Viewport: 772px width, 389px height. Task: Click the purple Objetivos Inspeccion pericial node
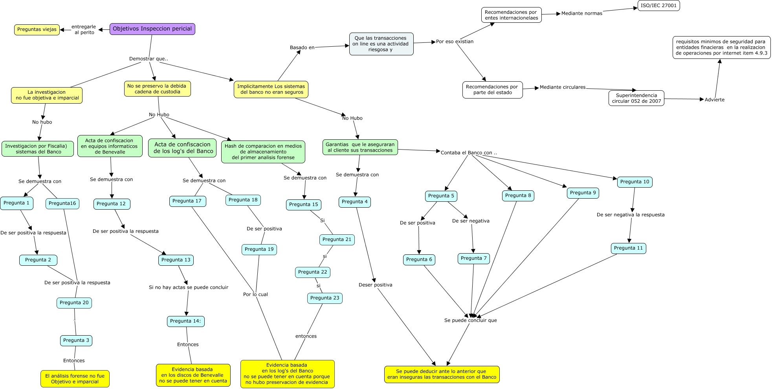point(152,29)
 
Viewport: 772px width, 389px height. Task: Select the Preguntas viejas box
point(37,29)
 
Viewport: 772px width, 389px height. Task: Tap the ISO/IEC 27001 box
point(658,5)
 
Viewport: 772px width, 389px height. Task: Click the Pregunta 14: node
point(185,321)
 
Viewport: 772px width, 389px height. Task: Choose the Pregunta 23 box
point(325,298)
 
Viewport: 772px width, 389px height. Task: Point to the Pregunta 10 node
point(634,182)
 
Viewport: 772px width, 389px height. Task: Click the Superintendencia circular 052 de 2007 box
point(636,98)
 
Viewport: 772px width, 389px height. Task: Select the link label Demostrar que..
point(149,59)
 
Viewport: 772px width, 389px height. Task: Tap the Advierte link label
point(714,100)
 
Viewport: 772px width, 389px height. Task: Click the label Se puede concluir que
point(470,320)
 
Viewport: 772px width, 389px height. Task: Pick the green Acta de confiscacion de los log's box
point(183,148)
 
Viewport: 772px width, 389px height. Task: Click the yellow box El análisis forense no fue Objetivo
point(75,379)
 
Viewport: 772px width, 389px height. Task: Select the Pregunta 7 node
point(473,258)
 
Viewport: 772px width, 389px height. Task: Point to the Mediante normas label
point(581,13)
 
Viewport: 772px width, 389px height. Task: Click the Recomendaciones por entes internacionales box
point(511,15)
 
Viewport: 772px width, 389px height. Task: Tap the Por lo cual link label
point(255,294)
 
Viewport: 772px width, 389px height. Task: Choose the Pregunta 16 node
point(62,203)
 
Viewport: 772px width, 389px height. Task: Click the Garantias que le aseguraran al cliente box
point(360,147)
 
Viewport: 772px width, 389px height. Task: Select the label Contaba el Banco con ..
point(468,153)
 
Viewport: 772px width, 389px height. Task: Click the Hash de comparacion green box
point(263,152)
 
